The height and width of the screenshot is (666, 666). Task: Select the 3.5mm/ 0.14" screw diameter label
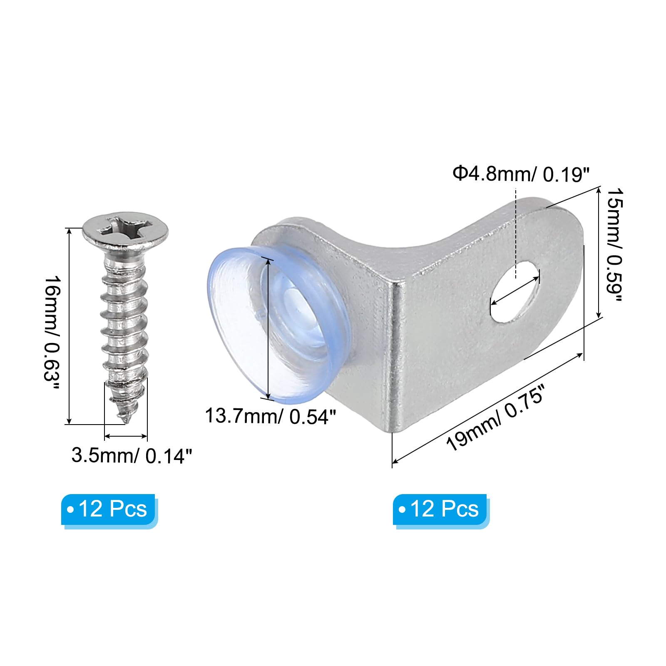tap(132, 456)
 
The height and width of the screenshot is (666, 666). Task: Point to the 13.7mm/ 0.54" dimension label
tap(271, 416)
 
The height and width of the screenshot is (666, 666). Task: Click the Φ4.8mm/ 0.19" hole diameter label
tap(522, 174)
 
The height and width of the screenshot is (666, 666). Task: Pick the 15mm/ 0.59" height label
tap(614, 245)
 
